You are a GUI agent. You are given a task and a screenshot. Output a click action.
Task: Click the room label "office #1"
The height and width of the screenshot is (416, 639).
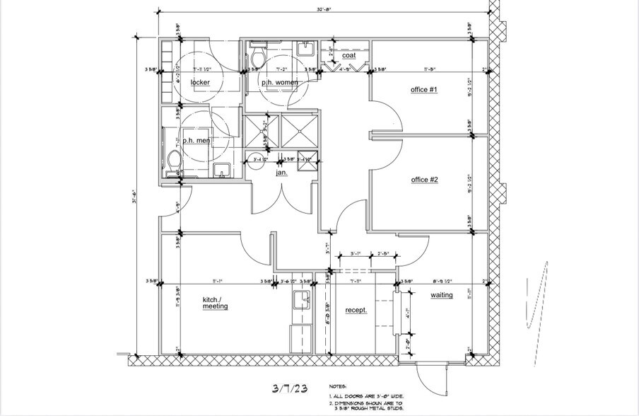tap(425, 90)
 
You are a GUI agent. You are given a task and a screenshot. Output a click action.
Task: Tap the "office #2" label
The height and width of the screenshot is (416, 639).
tap(425, 180)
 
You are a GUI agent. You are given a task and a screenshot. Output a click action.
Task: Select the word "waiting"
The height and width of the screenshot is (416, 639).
tap(442, 295)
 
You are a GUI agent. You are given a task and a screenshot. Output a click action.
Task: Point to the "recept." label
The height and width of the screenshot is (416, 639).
tap(356, 310)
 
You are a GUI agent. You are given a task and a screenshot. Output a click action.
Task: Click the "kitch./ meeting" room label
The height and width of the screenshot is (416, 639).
tap(215, 303)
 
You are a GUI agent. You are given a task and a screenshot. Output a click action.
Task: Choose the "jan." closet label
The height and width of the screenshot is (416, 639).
tap(281, 172)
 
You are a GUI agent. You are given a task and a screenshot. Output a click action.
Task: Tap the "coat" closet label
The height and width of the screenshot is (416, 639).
tap(348, 55)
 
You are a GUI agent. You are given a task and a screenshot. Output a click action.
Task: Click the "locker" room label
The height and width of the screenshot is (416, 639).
tap(200, 83)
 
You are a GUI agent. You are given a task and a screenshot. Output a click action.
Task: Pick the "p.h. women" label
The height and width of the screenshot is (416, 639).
tap(280, 83)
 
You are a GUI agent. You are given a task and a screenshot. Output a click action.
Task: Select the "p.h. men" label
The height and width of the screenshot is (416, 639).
tap(197, 141)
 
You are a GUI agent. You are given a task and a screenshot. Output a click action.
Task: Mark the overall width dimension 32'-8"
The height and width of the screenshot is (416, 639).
tap(324, 10)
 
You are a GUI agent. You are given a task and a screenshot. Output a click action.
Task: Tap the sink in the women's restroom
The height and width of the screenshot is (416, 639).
tap(305, 50)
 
